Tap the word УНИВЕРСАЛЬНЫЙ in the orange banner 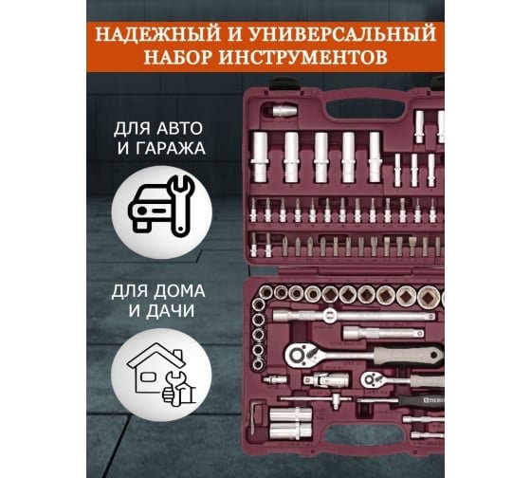342,34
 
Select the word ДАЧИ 171,311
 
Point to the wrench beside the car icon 181,205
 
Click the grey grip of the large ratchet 408,355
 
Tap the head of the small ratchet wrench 372,379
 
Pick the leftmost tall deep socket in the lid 260,156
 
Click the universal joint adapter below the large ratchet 326,380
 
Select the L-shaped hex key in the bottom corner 256,417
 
